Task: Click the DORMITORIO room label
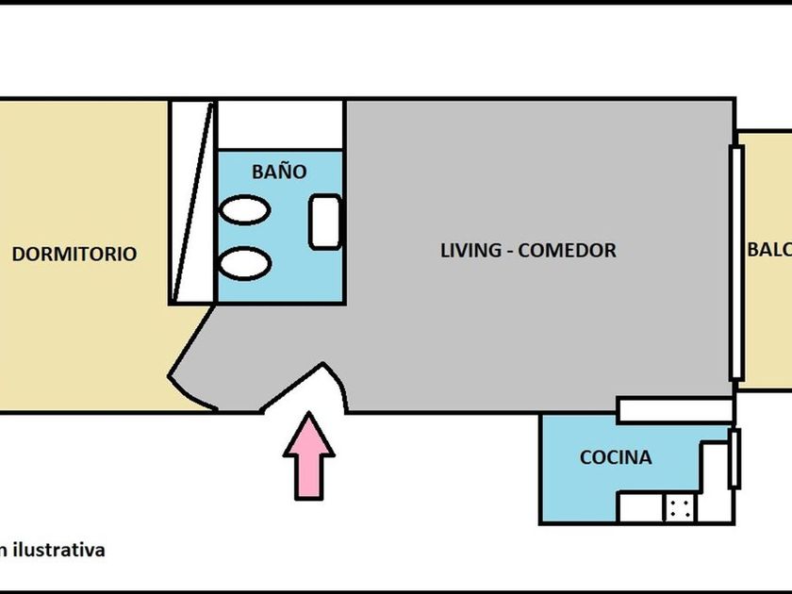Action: pyautogui.click(x=74, y=254)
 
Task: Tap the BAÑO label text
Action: pyautogui.click(x=279, y=172)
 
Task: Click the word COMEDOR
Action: pyautogui.click(x=568, y=251)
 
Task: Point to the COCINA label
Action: pyautogui.click(x=615, y=458)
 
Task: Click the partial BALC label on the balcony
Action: pyautogui.click(x=768, y=251)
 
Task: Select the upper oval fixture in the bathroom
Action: pyautogui.click(x=245, y=209)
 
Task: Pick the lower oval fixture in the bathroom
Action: pyautogui.click(x=245, y=262)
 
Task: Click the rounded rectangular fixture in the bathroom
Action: pyautogui.click(x=326, y=222)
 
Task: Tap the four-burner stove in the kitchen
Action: pyautogui.click(x=678, y=507)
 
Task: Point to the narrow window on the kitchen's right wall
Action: pyautogui.click(x=734, y=458)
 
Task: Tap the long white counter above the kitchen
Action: pyautogui.click(x=675, y=409)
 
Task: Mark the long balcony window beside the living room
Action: pyautogui.click(x=736, y=262)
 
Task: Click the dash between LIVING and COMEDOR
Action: pyautogui.click(x=509, y=252)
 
